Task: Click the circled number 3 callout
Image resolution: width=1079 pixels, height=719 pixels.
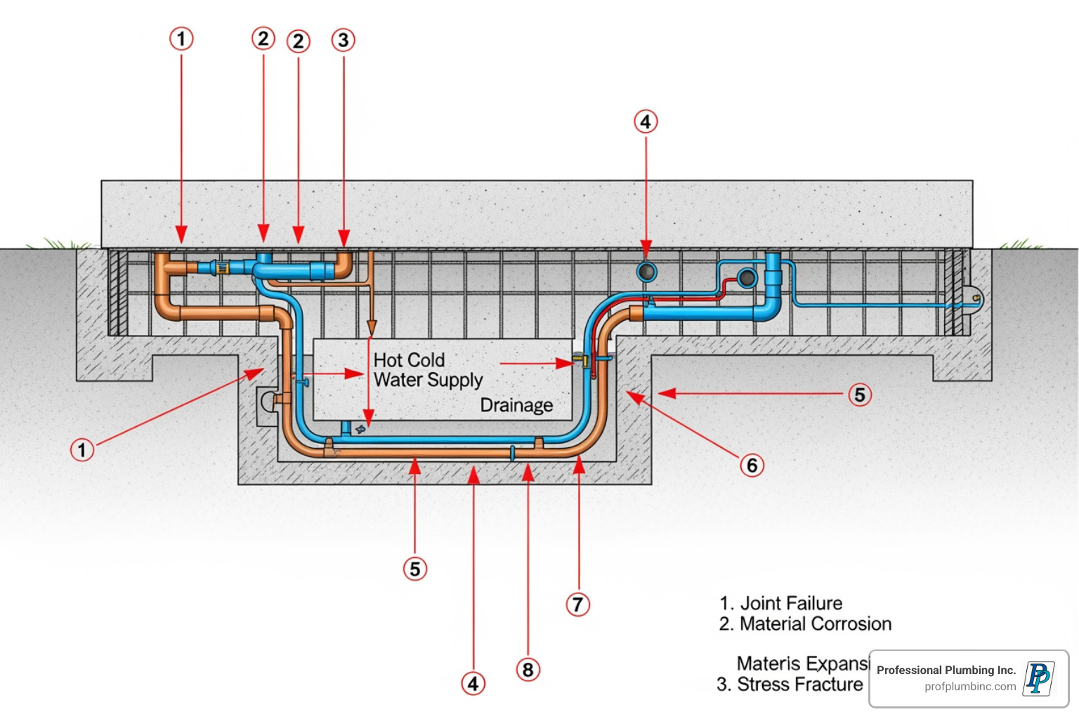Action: pyautogui.click(x=344, y=40)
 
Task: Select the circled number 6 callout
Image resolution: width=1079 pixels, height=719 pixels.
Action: pyautogui.click(x=752, y=465)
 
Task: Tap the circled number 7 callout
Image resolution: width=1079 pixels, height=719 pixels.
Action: pyautogui.click(x=577, y=604)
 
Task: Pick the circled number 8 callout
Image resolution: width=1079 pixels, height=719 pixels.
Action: pyautogui.click(x=528, y=669)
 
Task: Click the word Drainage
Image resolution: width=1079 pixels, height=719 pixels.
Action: pyautogui.click(x=516, y=405)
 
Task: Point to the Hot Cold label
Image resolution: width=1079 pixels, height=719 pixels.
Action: pyautogui.click(x=409, y=360)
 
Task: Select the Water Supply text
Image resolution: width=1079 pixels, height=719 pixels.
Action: pyautogui.click(x=428, y=380)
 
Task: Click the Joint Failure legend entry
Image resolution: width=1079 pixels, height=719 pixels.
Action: pyautogui.click(x=780, y=603)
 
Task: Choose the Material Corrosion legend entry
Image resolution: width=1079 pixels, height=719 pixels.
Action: pyautogui.click(x=805, y=624)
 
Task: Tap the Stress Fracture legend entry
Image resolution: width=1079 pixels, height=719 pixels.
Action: pyautogui.click(x=790, y=684)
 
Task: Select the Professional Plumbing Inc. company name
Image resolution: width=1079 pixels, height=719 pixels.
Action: pyautogui.click(x=946, y=670)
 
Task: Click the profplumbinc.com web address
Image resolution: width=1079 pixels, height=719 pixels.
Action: pyautogui.click(x=970, y=687)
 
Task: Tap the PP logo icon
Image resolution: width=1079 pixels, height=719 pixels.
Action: pyautogui.click(x=1038, y=678)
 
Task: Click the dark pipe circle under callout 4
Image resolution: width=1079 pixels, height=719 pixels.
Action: pyautogui.click(x=646, y=272)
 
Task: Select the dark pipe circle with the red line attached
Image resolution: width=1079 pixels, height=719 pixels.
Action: pyautogui.click(x=747, y=277)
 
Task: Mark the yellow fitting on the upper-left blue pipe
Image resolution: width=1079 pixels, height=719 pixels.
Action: pyautogui.click(x=223, y=268)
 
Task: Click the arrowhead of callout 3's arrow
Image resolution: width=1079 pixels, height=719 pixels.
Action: pyautogui.click(x=344, y=239)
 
